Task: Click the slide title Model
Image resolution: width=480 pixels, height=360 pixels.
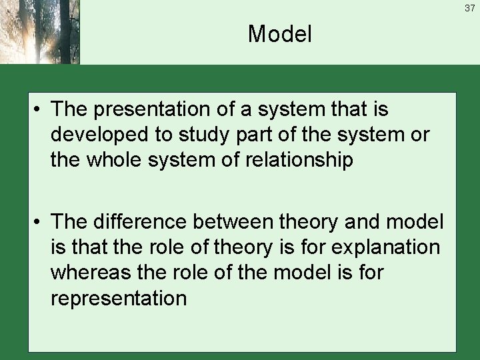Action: coord(279,34)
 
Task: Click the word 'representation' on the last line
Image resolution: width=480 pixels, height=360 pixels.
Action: coord(117,298)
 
